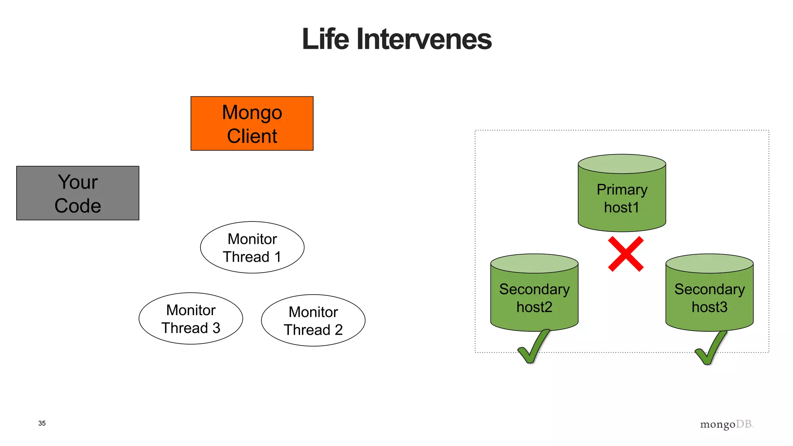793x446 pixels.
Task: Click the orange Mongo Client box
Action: pyautogui.click(x=252, y=123)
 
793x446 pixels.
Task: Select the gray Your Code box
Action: pyautogui.click(x=77, y=193)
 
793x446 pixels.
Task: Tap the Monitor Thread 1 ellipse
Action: pyautogui.click(x=252, y=247)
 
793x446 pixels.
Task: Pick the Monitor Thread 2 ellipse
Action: pyautogui.click(x=313, y=321)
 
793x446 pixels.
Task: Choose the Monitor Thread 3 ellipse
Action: pyautogui.click(x=191, y=319)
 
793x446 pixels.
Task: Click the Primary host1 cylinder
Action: pyautogui.click(x=622, y=194)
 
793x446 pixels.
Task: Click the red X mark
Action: pyautogui.click(x=626, y=254)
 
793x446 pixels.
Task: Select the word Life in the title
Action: pyautogui.click(x=325, y=39)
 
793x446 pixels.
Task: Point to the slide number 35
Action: pyautogui.click(x=42, y=423)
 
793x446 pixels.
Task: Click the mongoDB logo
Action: pyautogui.click(x=726, y=424)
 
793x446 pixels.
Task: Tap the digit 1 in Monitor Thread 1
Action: pyautogui.click(x=278, y=257)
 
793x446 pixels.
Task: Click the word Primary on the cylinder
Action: pyautogui.click(x=622, y=190)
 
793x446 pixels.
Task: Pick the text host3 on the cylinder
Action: pyautogui.click(x=709, y=307)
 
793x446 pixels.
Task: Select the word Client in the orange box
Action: pyautogui.click(x=252, y=136)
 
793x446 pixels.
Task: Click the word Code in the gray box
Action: pyautogui.click(x=77, y=206)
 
